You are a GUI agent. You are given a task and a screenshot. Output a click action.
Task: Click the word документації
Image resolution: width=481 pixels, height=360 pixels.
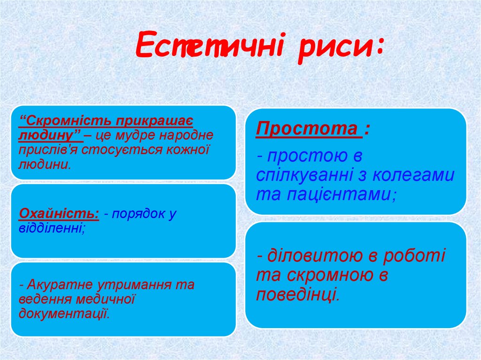(x=64, y=313)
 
